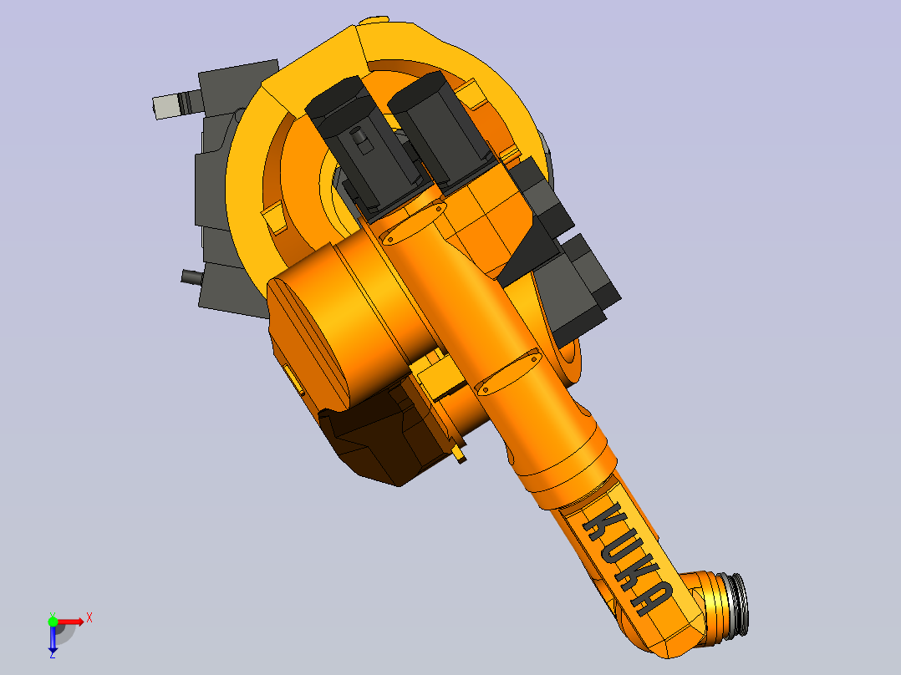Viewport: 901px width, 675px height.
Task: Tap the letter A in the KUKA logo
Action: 652,598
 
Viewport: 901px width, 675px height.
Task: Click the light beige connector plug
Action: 165,106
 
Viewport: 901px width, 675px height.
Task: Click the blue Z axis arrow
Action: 53,637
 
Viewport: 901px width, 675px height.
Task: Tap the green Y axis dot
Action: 53,622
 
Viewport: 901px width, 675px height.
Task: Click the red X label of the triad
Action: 89,618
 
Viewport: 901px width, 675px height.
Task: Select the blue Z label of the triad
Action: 53,654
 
